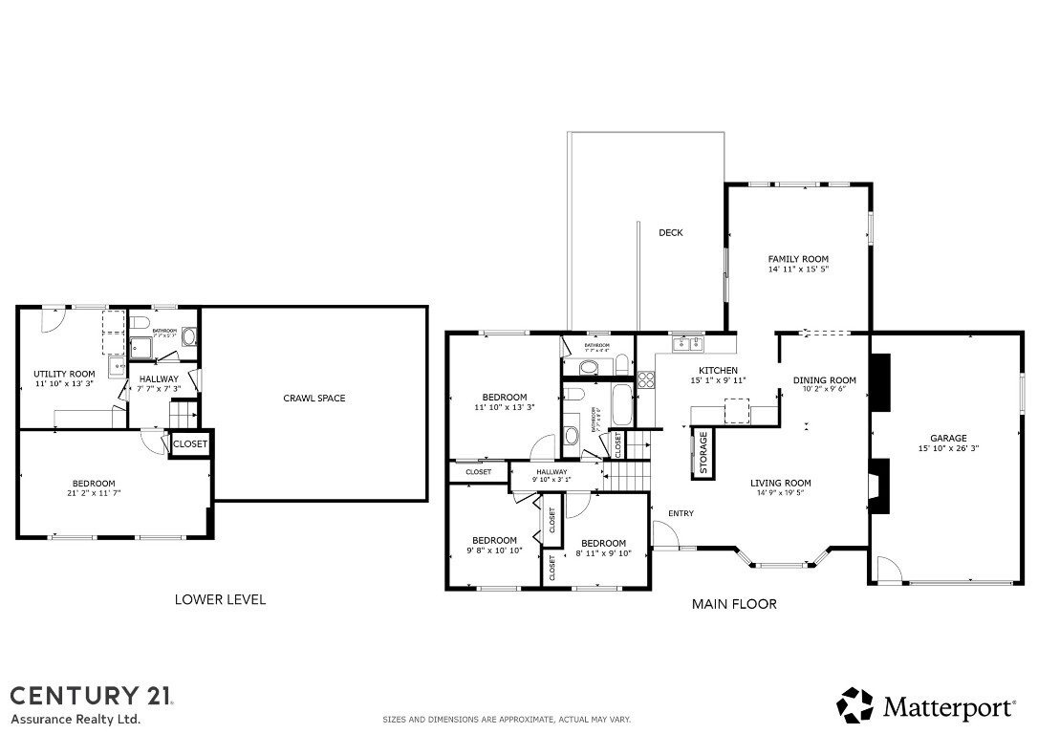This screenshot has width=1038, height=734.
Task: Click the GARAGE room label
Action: (948, 439)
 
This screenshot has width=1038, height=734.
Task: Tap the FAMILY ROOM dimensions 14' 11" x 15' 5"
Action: (798, 270)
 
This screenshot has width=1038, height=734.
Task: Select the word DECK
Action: (670, 232)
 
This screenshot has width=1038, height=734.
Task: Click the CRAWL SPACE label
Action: (314, 399)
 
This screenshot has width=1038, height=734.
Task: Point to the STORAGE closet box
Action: (703, 451)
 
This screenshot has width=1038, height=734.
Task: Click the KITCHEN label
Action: (718, 371)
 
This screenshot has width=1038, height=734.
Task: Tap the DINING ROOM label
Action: (824, 380)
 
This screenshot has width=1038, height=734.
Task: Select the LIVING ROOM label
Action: (780, 484)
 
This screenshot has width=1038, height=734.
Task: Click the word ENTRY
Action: (681, 514)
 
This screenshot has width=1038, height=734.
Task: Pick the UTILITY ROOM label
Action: (64, 374)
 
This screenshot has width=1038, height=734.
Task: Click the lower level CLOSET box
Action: (190, 443)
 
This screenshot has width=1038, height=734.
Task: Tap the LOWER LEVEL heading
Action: (220, 600)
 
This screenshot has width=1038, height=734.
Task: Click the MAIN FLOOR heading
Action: (734, 604)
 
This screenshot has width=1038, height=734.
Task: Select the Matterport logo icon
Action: (855, 705)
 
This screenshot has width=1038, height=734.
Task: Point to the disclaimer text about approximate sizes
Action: (507, 720)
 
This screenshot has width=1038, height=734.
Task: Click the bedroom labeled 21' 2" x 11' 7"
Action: (94, 488)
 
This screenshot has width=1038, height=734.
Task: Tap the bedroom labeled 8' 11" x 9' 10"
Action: (603, 548)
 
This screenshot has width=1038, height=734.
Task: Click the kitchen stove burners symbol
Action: (646, 379)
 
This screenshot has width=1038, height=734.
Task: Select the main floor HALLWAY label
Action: (551, 472)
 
